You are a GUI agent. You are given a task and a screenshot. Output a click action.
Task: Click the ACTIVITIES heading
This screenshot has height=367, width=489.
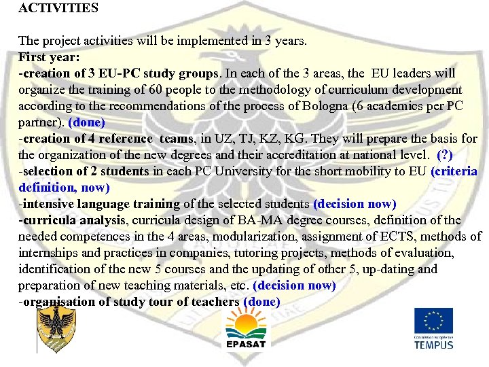58,9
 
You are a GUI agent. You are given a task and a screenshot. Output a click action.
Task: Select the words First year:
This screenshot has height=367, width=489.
49,56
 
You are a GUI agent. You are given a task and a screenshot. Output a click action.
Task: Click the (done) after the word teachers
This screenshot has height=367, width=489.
261,302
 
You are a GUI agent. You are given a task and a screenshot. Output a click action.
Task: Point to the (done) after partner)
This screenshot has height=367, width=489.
87,122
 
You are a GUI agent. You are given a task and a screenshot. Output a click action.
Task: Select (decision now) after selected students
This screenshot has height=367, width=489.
355,204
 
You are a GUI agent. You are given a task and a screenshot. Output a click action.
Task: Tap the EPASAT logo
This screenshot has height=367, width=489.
246,327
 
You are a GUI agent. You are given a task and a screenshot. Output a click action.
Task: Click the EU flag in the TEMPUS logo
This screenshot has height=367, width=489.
433,320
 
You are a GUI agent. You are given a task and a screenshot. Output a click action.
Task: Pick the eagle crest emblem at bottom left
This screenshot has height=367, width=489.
56,327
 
